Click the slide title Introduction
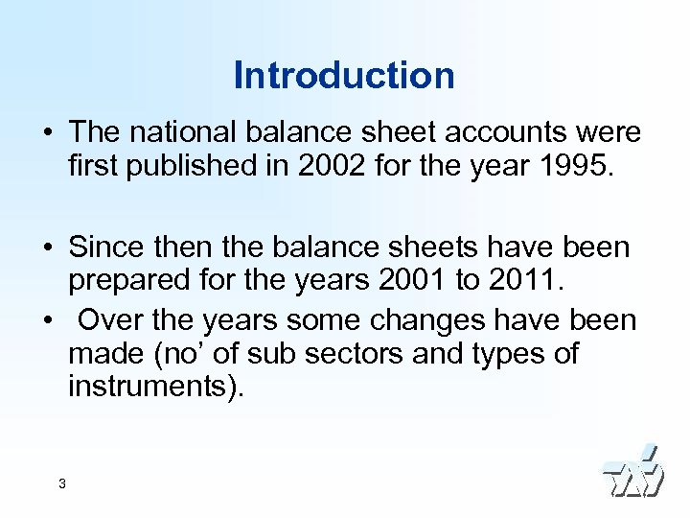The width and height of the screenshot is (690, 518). coord(344,76)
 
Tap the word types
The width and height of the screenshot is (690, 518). coord(501,354)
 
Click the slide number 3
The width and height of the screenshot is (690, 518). coord(61,483)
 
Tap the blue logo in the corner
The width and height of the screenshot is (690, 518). coord(632,472)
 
